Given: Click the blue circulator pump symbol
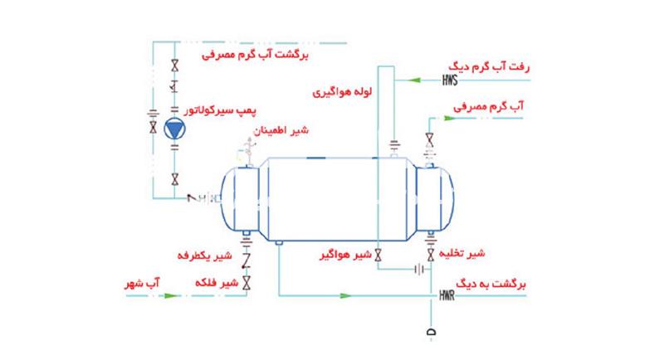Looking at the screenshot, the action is [175, 129].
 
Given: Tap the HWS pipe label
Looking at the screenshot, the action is [450, 80].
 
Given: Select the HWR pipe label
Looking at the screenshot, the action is [447, 295].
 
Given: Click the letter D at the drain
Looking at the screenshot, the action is [431, 333].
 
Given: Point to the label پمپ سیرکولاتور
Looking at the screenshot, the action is [220, 110].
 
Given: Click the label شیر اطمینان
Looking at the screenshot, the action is [281, 130].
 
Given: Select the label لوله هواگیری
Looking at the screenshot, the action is [342, 91].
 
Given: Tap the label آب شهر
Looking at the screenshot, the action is [142, 283].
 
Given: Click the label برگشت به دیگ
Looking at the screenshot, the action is [491, 284].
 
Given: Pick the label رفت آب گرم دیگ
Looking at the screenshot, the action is [489, 66].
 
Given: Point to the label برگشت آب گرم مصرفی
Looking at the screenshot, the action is [255, 55].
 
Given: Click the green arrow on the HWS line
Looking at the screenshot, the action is [415, 80].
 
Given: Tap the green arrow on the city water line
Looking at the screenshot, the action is [171, 295].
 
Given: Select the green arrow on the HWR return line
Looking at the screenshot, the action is [346, 295].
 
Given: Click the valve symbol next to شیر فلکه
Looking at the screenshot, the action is [247, 283].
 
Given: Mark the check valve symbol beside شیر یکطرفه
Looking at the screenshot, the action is [247, 260].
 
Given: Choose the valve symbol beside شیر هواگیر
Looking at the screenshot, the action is [378, 255].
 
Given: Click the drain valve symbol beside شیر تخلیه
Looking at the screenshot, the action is [431, 255].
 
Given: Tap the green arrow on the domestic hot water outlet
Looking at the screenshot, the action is [450, 119].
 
